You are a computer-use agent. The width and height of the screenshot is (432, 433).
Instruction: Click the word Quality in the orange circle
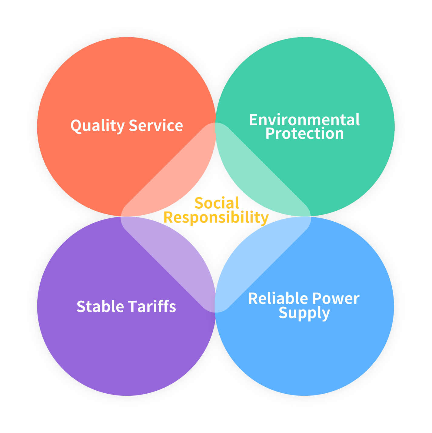point(97,126)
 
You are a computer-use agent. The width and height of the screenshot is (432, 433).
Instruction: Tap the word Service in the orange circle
point(156,125)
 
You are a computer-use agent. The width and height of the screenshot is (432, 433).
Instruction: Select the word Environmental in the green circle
point(304,120)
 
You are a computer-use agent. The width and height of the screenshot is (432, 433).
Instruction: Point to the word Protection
point(304,134)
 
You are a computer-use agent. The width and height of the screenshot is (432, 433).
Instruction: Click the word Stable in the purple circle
point(100,306)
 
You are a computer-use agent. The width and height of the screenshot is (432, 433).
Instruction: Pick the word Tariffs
point(152,306)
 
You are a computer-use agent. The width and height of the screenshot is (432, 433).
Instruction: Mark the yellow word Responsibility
point(216,217)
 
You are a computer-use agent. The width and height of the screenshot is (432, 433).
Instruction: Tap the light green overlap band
point(263,170)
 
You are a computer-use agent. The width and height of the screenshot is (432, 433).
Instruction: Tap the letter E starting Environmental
point(253,120)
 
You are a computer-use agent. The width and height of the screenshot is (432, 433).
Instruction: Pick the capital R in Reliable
point(253,299)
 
